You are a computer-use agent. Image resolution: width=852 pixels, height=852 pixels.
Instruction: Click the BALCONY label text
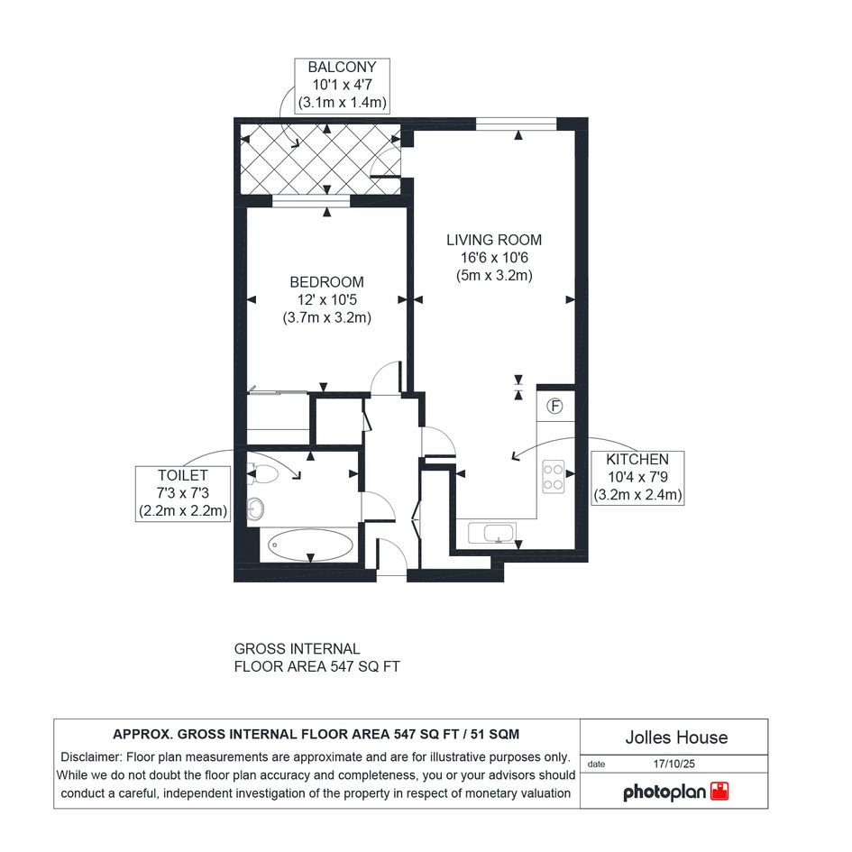point(342,67)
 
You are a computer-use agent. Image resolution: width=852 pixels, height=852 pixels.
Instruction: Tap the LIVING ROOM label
point(494,240)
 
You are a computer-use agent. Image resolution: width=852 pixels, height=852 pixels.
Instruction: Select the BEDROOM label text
point(326,282)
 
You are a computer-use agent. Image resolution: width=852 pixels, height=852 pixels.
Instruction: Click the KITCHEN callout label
point(637,459)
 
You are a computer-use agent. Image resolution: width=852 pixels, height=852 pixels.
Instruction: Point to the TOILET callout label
point(182,475)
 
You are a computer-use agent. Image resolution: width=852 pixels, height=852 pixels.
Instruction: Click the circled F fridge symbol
point(554,406)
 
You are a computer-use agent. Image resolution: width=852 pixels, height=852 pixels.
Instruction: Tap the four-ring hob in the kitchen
point(554,477)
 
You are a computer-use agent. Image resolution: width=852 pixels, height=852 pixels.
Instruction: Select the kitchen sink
point(491,533)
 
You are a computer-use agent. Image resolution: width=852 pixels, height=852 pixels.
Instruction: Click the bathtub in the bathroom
point(310,545)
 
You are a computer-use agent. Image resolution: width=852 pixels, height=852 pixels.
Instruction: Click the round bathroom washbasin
point(255,509)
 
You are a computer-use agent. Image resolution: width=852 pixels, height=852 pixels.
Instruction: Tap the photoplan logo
point(675,792)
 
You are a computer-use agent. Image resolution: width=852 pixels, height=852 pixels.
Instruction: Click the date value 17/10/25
point(673,764)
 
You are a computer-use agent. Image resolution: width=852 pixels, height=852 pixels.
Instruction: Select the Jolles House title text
point(676,737)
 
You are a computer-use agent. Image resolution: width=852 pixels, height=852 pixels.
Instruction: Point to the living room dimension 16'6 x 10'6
point(494,258)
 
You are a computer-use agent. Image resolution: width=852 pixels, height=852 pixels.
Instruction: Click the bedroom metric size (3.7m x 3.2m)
point(326,317)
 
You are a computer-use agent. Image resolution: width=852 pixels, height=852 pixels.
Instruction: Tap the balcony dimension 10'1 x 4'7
point(342,85)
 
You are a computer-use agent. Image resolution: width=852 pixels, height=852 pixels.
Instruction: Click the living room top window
point(517,124)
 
